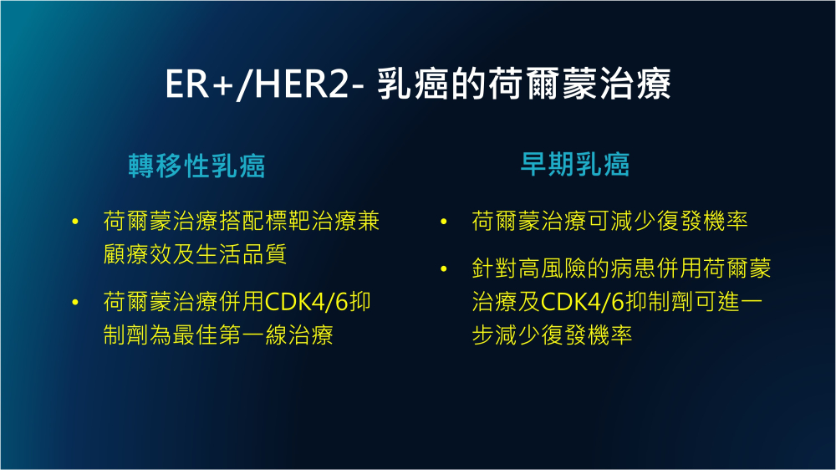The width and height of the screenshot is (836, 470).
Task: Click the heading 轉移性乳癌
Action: pos(196,166)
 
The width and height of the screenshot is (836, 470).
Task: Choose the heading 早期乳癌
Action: pos(575,164)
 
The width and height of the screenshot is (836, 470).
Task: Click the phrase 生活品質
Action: pos(242,254)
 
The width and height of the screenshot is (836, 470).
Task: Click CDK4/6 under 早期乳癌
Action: pos(583,302)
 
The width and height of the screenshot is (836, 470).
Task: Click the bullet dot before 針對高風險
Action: pos(444,269)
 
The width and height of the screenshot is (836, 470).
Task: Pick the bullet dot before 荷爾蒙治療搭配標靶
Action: pos(75,222)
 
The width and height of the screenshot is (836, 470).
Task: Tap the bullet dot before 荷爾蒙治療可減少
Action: pos(444,222)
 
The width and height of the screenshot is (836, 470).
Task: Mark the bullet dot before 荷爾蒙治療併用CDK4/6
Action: pos(75,303)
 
